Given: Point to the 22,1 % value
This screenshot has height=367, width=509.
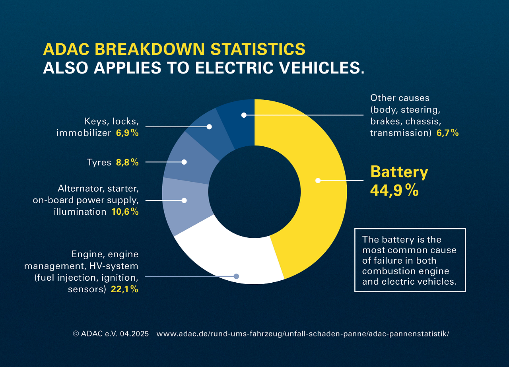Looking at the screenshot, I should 124,289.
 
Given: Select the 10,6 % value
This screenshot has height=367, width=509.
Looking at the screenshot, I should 125,212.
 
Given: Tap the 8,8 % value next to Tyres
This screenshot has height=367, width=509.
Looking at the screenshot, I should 127,162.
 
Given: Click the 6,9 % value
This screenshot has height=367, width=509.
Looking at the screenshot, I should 127,133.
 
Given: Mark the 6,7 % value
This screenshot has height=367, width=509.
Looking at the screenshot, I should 447,133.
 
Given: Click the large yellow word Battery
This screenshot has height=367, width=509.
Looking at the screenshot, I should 399,172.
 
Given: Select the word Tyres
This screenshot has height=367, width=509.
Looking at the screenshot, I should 99,162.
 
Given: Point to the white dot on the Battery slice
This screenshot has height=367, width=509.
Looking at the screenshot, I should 318,181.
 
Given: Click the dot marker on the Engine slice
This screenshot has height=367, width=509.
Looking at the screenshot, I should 236,276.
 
